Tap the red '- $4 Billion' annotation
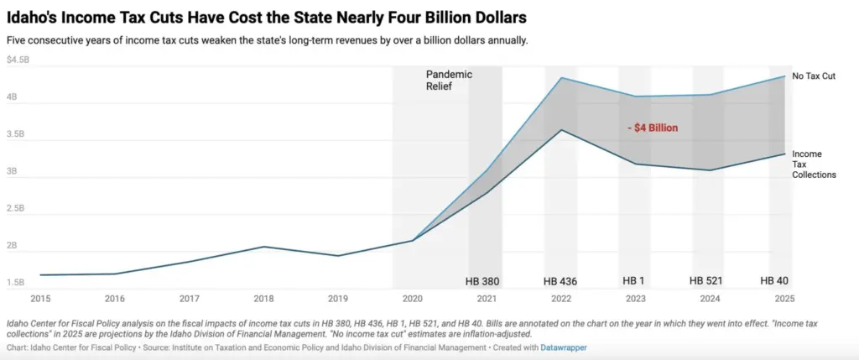[x=653, y=128]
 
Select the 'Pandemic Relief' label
[x=449, y=80]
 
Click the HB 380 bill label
[x=483, y=280]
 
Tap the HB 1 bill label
[x=633, y=280]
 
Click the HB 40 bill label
[x=774, y=280]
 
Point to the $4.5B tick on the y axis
[x=18, y=60]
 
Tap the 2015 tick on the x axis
[x=39, y=298]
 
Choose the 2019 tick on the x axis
[x=338, y=298]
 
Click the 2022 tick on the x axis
[x=561, y=298]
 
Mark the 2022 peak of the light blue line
[x=561, y=78]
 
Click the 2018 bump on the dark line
[x=263, y=247]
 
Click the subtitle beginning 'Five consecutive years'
[x=267, y=40]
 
